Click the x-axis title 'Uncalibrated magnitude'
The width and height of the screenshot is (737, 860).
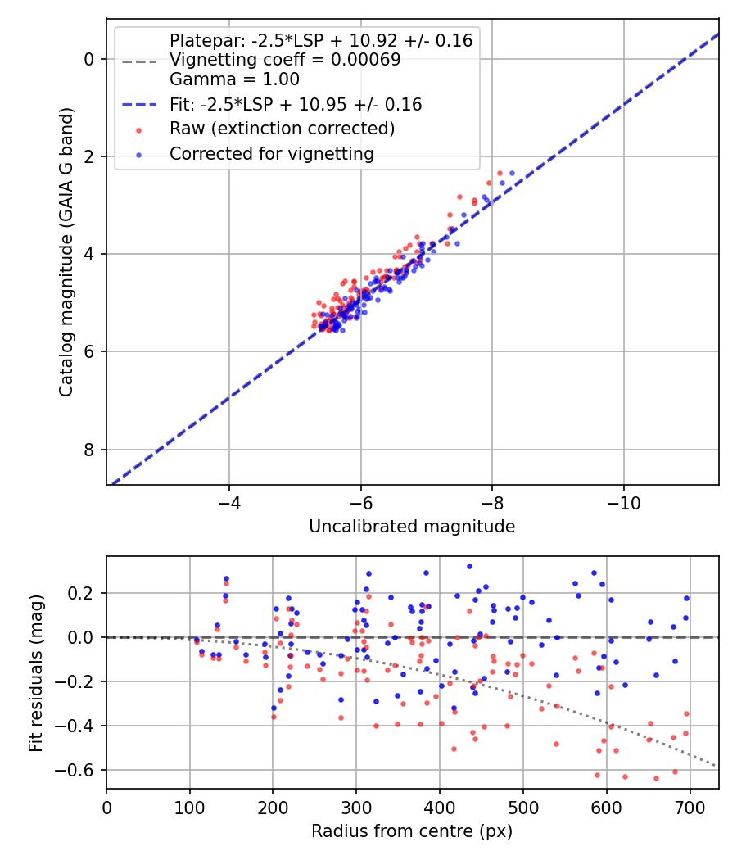pyautogui.click(x=412, y=527)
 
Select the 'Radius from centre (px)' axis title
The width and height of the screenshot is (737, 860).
pyautogui.click(x=412, y=831)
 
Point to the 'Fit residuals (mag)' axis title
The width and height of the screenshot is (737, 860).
pyautogui.click(x=36, y=673)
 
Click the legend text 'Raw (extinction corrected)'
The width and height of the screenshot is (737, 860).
pyautogui.click(x=282, y=129)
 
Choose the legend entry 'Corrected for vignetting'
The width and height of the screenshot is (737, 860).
pyautogui.click(x=271, y=153)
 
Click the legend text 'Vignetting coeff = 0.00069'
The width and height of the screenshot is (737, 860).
pyautogui.click(x=285, y=60)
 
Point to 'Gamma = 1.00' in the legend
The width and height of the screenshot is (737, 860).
pyautogui.click(x=234, y=79)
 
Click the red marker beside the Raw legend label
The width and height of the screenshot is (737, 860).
pyautogui.click(x=138, y=129)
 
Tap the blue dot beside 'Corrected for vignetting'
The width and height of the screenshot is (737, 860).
pyautogui.click(x=138, y=154)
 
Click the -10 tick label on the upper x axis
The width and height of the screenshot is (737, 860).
pyautogui.click(x=623, y=500)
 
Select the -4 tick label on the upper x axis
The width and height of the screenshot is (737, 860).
pyautogui.click(x=229, y=500)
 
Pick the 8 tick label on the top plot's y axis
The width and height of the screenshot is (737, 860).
pyautogui.click(x=89, y=450)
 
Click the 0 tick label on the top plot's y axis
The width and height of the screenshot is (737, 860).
pyautogui.click(x=89, y=59)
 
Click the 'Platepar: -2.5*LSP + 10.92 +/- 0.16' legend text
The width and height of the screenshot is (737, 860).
pyautogui.click(x=321, y=40)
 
